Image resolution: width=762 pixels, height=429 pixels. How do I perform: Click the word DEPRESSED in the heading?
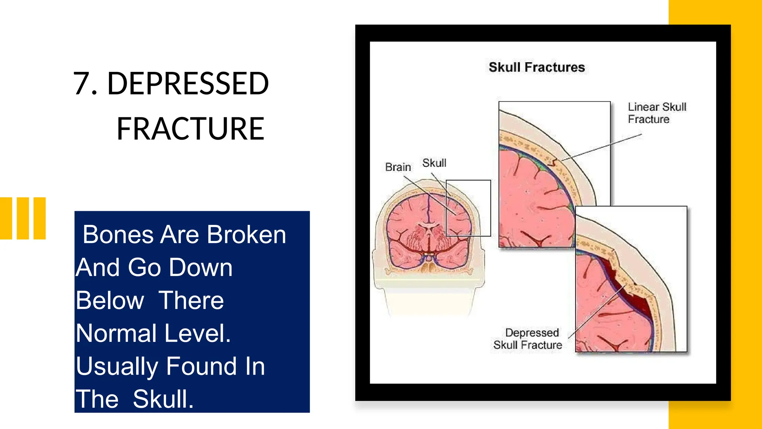click(188, 84)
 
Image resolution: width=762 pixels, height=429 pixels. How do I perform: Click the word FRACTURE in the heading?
click(190, 129)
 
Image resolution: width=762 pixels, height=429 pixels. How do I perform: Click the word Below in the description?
click(110, 301)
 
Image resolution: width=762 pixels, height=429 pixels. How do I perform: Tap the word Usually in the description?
click(117, 366)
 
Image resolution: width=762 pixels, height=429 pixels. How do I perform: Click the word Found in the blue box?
click(201, 366)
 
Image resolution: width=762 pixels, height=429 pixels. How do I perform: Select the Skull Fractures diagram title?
click(537, 67)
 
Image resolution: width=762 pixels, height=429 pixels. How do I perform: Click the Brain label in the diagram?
click(398, 167)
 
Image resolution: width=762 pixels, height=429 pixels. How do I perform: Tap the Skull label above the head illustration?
click(434, 163)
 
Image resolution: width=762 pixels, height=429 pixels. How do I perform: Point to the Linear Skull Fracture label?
click(657, 113)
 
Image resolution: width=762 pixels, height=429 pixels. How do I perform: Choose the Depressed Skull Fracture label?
click(528, 339)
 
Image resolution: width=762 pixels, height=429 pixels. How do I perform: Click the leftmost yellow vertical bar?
click(6, 218)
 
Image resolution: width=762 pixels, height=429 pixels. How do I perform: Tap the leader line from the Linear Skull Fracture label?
click(603, 147)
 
